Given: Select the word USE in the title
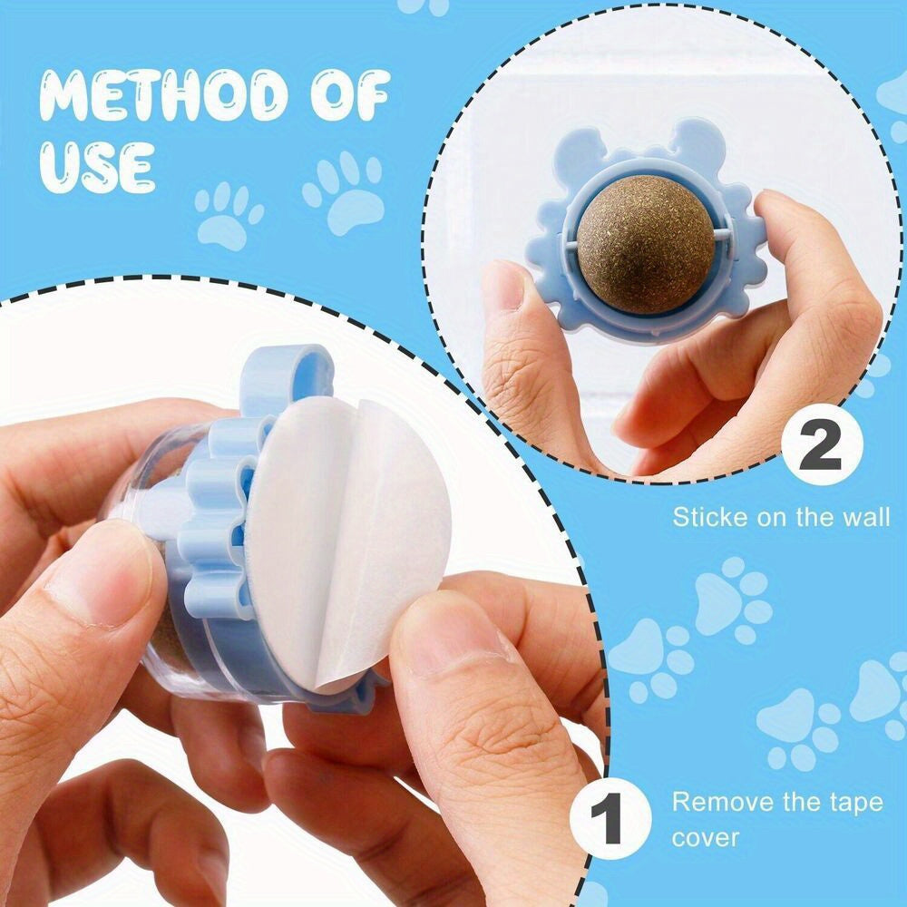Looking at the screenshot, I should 95,165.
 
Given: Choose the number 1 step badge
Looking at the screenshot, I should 610,822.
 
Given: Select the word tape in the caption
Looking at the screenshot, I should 852,803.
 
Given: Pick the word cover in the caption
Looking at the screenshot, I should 706,836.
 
